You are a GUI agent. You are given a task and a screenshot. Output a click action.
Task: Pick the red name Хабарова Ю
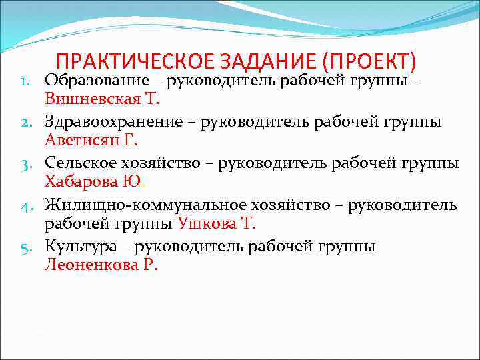click(x=93, y=182)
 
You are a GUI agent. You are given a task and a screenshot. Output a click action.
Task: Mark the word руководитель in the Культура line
click(x=190, y=246)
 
